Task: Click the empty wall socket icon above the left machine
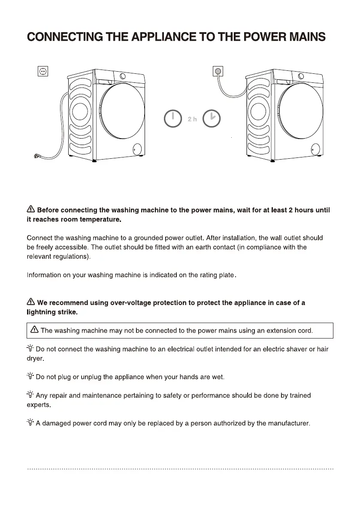click(x=42, y=72)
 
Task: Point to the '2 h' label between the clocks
click(x=192, y=119)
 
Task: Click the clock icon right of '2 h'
click(x=212, y=119)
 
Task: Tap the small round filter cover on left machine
click(x=137, y=148)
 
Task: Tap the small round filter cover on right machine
click(x=315, y=148)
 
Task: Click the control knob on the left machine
click(x=123, y=76)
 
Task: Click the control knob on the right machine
click(x=301, y=76)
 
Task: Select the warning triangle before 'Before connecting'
click(x=31, y=210)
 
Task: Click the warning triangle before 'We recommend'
click(x=31, y=302)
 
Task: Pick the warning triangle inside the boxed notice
click(x=35, y=330)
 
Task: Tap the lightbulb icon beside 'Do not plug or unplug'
click(x=30, y=377)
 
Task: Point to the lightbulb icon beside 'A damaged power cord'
click(x=30, y=423)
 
